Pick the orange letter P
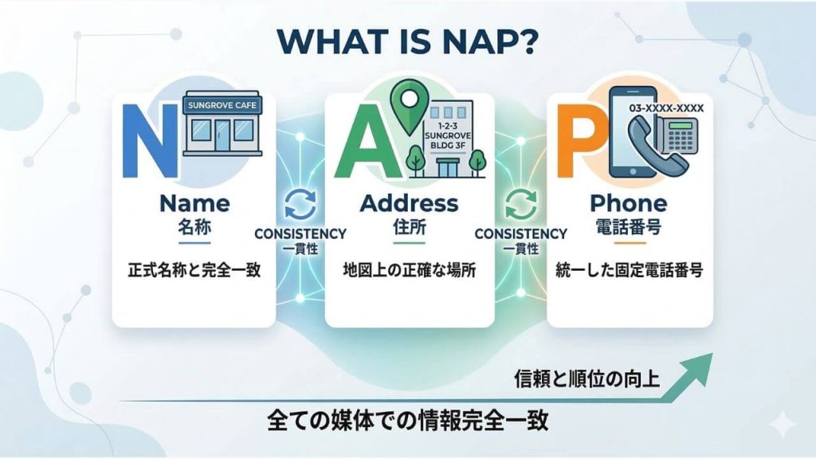[577, 142]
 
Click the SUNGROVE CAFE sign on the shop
[223, 104]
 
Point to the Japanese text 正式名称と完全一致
[194, 269]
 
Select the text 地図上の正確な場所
[409, 269]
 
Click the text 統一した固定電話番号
[629, 269]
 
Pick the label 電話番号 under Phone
[629, 226]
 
